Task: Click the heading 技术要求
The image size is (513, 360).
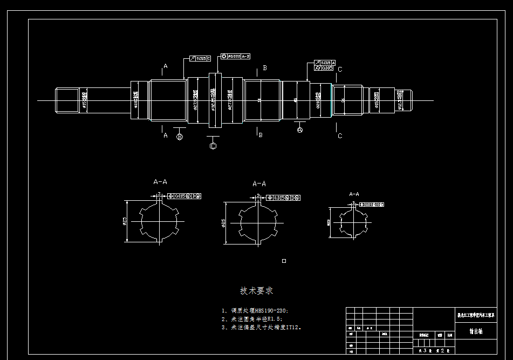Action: tap(256, 291)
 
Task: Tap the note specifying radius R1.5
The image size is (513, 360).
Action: tap(252, 319)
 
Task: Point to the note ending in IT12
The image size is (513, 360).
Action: tap(262, 327)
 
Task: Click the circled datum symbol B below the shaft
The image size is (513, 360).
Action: tap(180, 137)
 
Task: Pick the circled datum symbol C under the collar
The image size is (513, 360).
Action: tap(213, 146)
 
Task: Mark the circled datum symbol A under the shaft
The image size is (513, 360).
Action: tap(300, 130)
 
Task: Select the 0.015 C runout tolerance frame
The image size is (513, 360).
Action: tap(200, 58)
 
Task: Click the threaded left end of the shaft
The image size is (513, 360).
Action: tap(67, 100)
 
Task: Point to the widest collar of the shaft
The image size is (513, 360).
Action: tap(215, 100)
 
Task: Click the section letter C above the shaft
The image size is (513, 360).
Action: tap(340, 70)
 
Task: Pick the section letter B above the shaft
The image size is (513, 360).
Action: tap(265, 68)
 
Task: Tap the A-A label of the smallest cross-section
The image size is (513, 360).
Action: tap(354, 194)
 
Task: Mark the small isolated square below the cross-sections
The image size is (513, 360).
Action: tap(284, 261)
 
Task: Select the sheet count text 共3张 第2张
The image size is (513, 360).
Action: tap(434, 350)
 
